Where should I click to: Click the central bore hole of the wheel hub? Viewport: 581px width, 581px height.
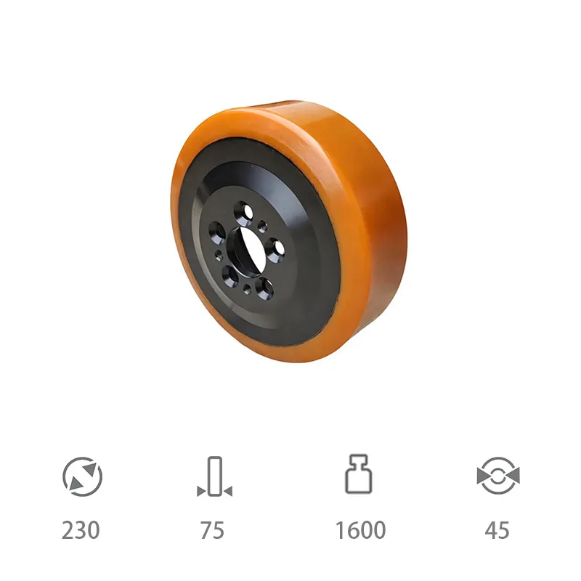click(245, 248)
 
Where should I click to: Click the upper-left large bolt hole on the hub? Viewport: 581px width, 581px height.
click(216, 232)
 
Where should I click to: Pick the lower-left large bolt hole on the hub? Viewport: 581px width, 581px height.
click(229, 275)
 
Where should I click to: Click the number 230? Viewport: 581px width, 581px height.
click(81, 530)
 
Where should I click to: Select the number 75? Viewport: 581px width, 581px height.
click(212, 530)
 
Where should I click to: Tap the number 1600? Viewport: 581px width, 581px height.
click(360, 530)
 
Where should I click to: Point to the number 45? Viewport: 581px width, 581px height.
click(497, 530)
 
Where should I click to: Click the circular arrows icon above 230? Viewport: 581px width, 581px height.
click(82, 476)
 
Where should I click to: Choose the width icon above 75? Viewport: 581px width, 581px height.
click(214, 476)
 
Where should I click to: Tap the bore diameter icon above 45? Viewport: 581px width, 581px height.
click(497, 476)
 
